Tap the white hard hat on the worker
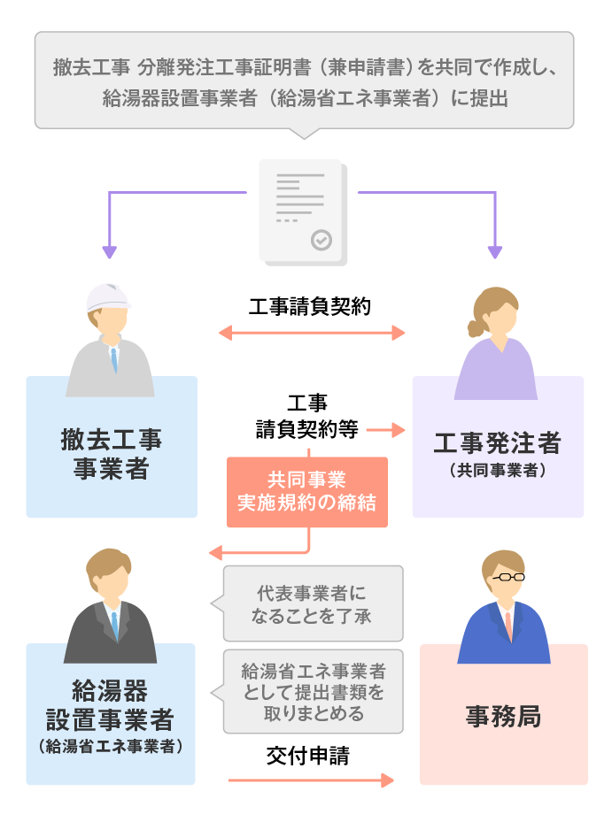[107, 298]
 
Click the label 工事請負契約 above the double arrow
[310, 307]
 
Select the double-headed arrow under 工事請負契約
[312, 334]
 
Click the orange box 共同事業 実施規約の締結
[306, 492]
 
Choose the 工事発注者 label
[497, 442]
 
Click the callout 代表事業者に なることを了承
[314, 603]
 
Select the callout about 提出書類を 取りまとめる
[314, 691]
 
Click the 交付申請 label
[307, 756]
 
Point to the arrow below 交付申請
[310, 780]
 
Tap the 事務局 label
[503, 716]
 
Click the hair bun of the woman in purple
[476, 328]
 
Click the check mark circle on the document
[321, 239]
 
